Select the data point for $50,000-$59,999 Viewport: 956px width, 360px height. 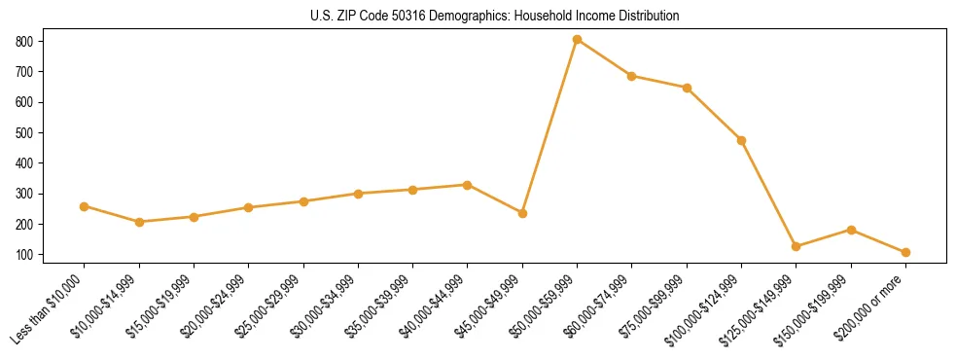577,40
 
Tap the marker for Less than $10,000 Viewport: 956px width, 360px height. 84,206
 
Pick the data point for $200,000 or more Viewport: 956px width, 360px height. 905,252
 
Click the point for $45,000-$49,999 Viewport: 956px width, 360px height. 522,213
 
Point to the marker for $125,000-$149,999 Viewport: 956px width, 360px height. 796,246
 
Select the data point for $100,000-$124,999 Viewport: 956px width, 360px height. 741,140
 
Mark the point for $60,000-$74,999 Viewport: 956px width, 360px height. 632,76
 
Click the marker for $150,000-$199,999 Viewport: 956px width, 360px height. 851,230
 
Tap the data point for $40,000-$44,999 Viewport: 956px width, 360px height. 468,185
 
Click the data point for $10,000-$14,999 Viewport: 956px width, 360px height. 139,222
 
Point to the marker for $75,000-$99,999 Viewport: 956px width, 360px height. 687,88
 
